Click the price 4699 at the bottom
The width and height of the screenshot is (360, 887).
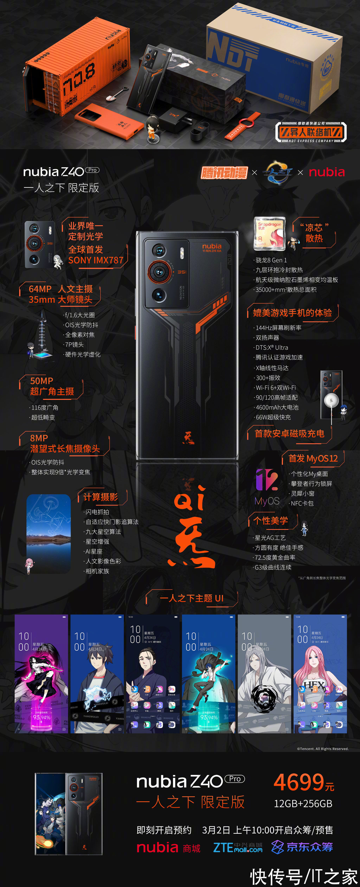click(299, 782)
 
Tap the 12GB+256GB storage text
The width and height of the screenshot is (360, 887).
click(303, 804)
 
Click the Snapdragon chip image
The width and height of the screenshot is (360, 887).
click(269, 233)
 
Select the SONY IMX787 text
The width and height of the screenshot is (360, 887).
click(96, 260)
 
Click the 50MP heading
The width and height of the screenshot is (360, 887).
click(42, 381)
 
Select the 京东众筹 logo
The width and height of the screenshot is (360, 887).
click(302, 847)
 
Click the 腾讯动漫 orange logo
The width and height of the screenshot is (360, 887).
click(224, 172)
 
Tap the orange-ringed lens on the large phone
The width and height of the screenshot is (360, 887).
click(159, 272)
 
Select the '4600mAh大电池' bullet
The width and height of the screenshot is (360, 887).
click(277, 407)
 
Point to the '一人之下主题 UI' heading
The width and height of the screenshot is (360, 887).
click(191, 598)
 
